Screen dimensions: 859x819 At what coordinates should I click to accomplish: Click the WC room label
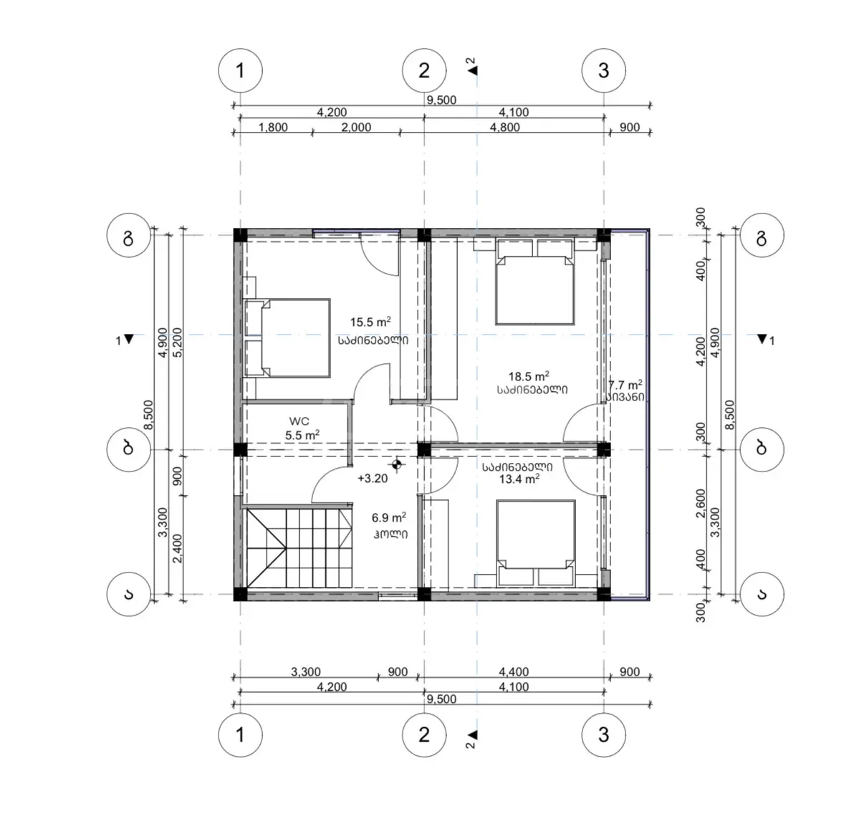point(299,421)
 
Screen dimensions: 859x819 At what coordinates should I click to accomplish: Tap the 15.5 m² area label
point(370,322)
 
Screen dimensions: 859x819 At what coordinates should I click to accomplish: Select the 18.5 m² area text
point(529,376)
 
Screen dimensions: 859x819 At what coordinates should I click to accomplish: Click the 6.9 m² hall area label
point(388,517)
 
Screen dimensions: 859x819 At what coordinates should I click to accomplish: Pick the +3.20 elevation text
point(373,478)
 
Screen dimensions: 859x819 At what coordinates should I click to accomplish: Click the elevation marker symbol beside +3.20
point(397,465)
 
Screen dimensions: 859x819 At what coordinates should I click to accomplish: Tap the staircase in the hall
point(298,548)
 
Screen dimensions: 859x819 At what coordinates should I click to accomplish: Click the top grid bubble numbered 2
point(424,71)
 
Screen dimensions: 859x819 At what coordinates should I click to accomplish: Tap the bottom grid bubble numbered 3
point(604,734)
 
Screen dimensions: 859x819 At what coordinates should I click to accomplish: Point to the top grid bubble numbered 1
point(240,71)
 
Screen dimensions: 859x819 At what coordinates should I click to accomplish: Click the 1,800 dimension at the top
point(273,127)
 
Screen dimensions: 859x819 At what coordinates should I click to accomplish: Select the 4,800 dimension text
point(514,127)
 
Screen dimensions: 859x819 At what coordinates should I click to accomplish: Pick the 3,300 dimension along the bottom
point(306,671)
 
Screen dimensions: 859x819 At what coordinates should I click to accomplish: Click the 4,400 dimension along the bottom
point(514,671)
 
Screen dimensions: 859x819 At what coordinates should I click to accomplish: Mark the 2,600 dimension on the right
point(700,504)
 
